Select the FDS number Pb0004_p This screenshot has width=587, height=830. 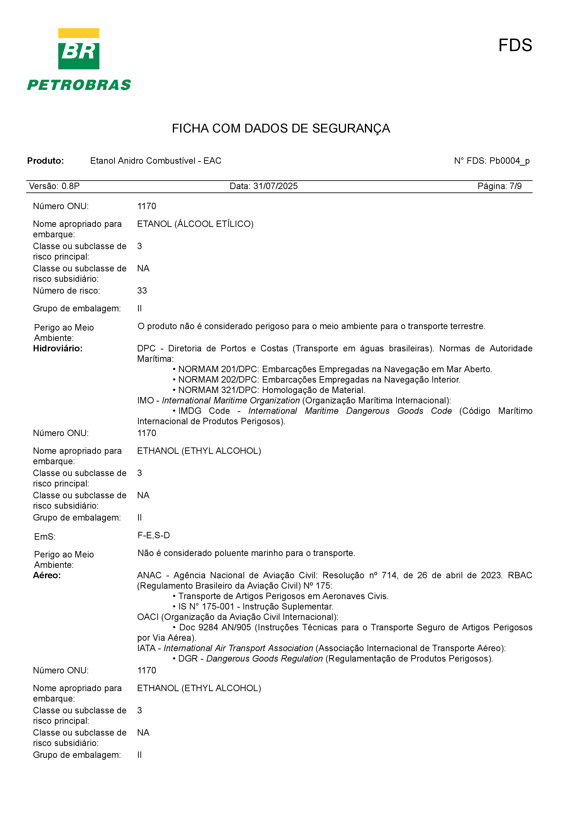pos(509,161)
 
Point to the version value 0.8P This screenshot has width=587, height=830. pos(71,186)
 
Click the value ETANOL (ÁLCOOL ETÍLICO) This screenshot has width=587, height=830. pos(195,224)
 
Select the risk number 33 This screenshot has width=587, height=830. pos(142,291)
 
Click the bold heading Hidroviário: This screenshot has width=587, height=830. pos(58,349)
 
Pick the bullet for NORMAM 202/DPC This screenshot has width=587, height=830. pos(174,380)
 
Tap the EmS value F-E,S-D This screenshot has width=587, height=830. pos(154,535)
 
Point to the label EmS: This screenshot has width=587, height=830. pos(45,537)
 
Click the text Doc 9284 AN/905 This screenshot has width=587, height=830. pos(215,627)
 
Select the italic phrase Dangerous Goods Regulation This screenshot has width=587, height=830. pos(264,659)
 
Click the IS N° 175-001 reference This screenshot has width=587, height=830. pos(206,607)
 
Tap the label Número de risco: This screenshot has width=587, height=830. pos(67,291)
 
